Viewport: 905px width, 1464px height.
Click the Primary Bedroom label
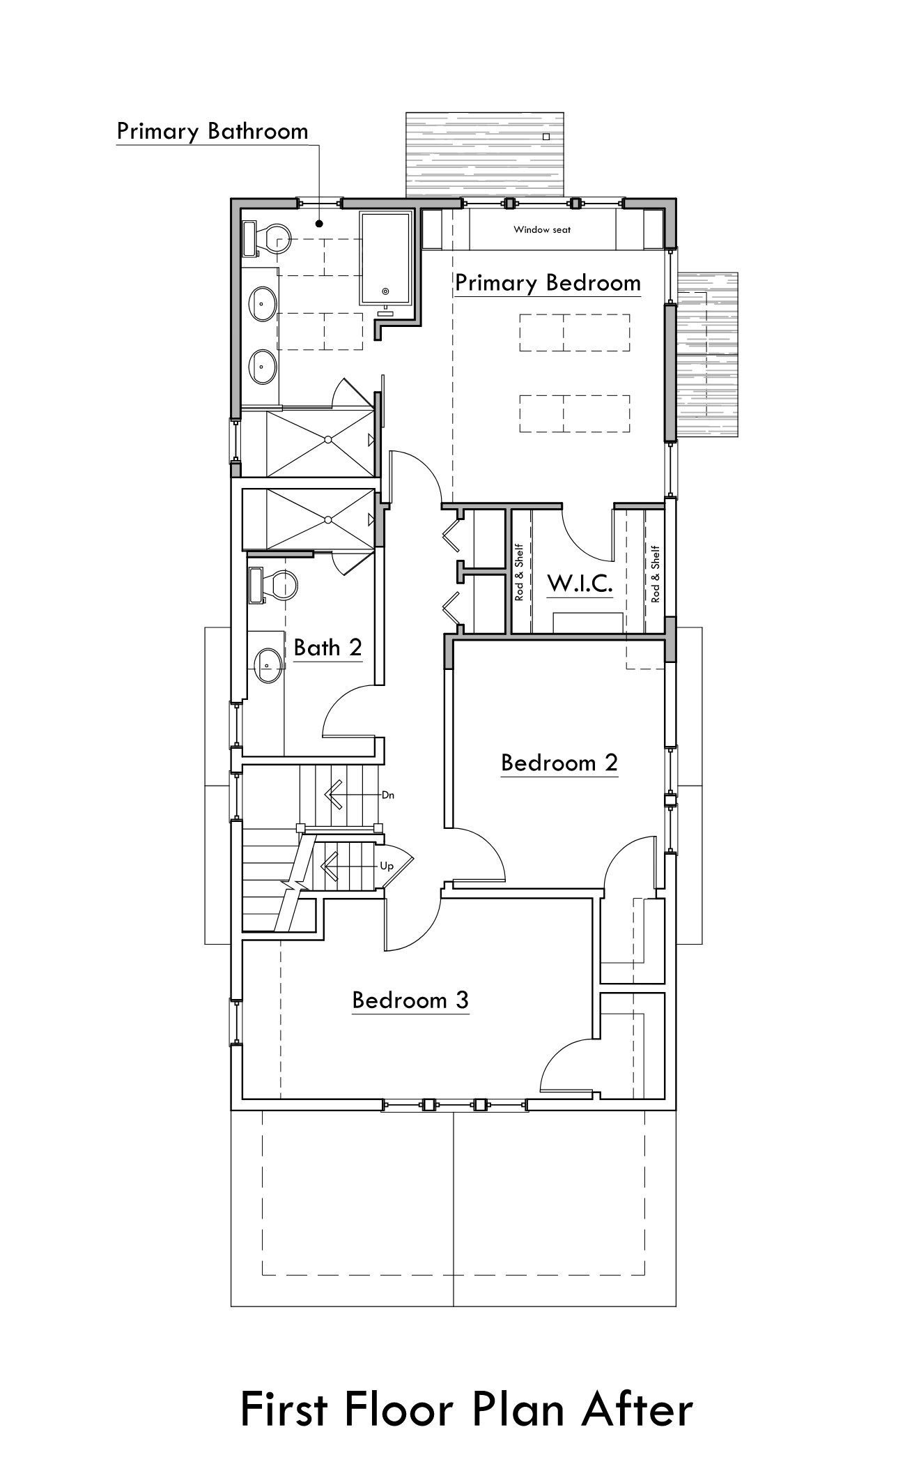tap(548, 283)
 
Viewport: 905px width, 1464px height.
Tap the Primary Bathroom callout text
tap(212, 131)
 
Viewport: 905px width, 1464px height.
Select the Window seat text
tap(542, 229)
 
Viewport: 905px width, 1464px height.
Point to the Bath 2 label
tap(328, 648)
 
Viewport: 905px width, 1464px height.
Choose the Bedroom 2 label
tap(559, 763)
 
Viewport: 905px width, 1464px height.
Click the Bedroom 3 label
tap(410, 1000)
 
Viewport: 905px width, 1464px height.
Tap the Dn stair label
tap(388, 795)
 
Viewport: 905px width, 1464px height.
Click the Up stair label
tap(387, 867)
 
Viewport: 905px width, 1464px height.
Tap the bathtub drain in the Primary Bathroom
tap(387, 291)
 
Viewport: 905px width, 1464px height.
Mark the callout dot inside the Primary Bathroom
tap(319, 224)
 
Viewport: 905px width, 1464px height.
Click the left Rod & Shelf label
tap(519, 572)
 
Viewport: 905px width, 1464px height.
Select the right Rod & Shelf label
tap(655, 574)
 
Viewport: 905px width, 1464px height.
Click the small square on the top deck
tap(546, 137)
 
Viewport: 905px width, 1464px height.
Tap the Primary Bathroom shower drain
tap(328, 439)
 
